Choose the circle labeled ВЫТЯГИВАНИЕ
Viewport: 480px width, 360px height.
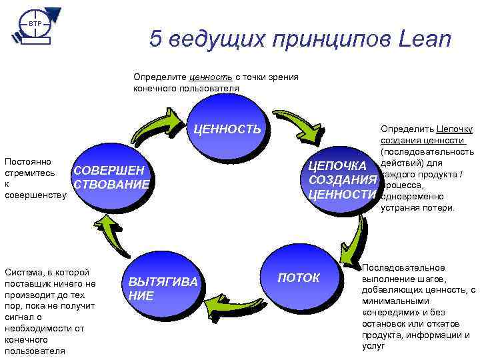(162, 288)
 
